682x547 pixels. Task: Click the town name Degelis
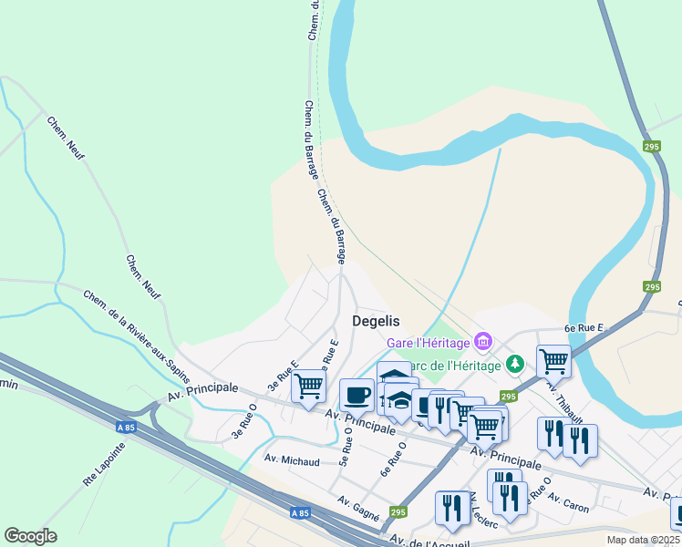[x=376, y=321]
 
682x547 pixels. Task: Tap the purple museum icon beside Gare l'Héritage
[x=483, y=342]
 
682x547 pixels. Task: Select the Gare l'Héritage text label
[x=428, y=343]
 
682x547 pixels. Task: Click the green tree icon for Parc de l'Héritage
[x=515, y=365]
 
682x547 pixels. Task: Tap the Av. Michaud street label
[x=292, y=461]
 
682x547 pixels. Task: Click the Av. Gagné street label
[x=357, y=507]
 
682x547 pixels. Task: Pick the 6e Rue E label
[x=584, y=327]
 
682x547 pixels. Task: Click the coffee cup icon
[x=356, y=395]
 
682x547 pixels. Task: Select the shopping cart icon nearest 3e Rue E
[x=308, y=386]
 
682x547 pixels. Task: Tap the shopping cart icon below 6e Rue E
[x=553, y=361]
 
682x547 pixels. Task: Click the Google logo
[x=30, y=536]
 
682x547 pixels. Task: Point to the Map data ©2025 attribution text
[x=643, y=540]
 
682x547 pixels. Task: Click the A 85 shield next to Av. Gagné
[x=300, y=513]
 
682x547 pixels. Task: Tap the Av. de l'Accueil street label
[x=429, y=542]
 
